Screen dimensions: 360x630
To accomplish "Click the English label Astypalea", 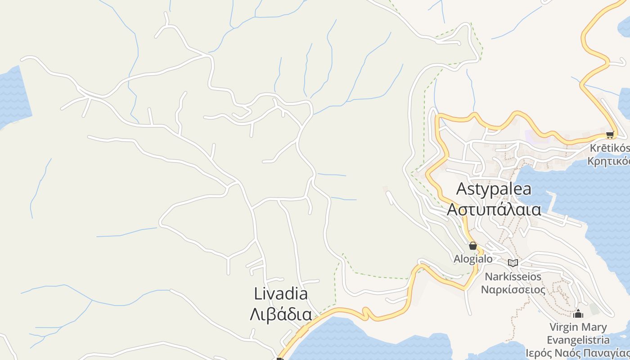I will tap(494, 189).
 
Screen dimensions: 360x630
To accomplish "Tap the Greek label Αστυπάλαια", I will tap(494, 209).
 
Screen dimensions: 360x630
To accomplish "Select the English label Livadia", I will tap(281, 294).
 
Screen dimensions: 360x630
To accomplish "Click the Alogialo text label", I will tap(473, 259).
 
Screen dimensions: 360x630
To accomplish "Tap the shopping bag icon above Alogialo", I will tap(472, 246).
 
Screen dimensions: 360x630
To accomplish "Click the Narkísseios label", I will tap(513, 276).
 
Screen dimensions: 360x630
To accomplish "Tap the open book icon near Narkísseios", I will tap(513, 263).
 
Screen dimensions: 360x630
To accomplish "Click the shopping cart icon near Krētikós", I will tap(610, 135).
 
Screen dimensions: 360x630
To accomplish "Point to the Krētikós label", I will tap(610, 148).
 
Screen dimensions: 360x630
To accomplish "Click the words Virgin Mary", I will tap(578, 327).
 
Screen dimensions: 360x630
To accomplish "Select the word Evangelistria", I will tap(578, 340).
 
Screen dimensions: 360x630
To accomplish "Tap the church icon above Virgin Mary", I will tap(578, 314).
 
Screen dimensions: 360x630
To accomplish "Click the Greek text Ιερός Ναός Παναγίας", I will tap(578, 352).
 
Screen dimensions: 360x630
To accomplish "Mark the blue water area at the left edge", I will tap(13, 97).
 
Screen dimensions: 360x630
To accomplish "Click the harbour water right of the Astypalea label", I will tap(585, 189).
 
